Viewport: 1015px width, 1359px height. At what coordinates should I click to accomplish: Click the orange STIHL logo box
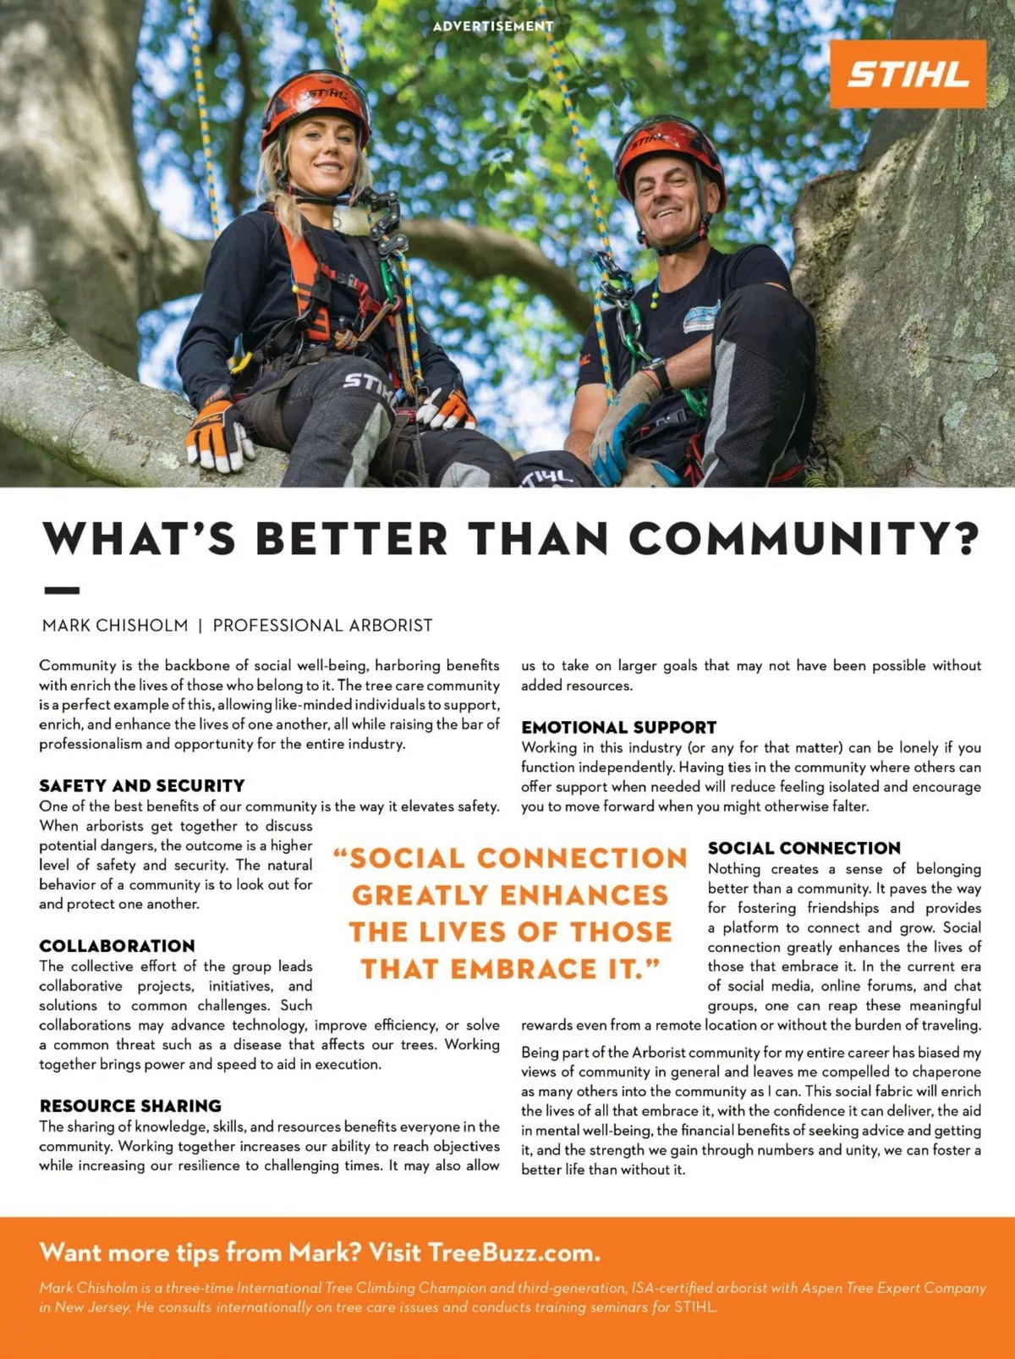coord(908,74)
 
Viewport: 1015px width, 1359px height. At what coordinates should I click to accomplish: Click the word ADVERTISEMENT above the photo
coord(493,26)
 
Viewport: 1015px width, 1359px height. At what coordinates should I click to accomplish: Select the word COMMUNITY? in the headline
coord(804,539)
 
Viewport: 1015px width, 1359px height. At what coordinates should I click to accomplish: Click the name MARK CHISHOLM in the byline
coord(115,625)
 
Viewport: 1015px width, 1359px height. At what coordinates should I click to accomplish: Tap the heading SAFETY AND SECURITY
coord(142,785)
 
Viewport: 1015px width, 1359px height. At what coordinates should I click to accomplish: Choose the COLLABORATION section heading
coord(117,945)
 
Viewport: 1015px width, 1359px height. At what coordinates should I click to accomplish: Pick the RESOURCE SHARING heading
coord(130,1105)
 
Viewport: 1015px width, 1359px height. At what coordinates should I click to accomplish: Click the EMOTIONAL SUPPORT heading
coord(618,727)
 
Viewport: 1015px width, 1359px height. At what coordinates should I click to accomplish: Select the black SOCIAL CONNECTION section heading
coord(804,848)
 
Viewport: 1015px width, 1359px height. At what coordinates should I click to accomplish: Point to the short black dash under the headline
coord(61,590)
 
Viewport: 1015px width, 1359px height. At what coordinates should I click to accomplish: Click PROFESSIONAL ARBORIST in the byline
coord(322,625)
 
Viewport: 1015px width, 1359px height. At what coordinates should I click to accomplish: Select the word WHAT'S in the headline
coord(139,539)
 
